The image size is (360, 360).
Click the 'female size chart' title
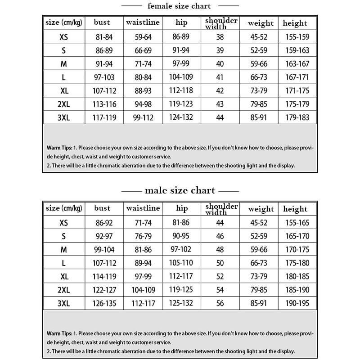(179, 6)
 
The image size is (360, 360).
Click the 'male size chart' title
(180, 190)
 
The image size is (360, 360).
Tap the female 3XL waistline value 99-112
(143, 117)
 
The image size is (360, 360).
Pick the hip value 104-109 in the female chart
(181, 77)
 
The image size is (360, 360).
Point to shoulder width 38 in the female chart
(220, 37)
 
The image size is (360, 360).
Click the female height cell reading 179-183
(297, 117)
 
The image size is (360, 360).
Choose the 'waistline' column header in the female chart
(143, 22)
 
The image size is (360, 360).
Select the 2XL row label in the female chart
(64, 104)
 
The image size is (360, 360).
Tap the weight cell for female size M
(259, 64)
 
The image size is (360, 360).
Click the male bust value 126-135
(104, 303)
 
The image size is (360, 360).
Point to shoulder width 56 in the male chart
(220, 303)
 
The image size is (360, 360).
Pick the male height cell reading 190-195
(297, 303)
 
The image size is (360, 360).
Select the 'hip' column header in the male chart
(182, 208)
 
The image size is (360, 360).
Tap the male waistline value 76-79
(143, 236)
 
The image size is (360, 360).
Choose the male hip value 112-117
(181, 276)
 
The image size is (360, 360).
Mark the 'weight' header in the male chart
(261, 209)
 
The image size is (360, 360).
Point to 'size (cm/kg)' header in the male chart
(64, 208)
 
